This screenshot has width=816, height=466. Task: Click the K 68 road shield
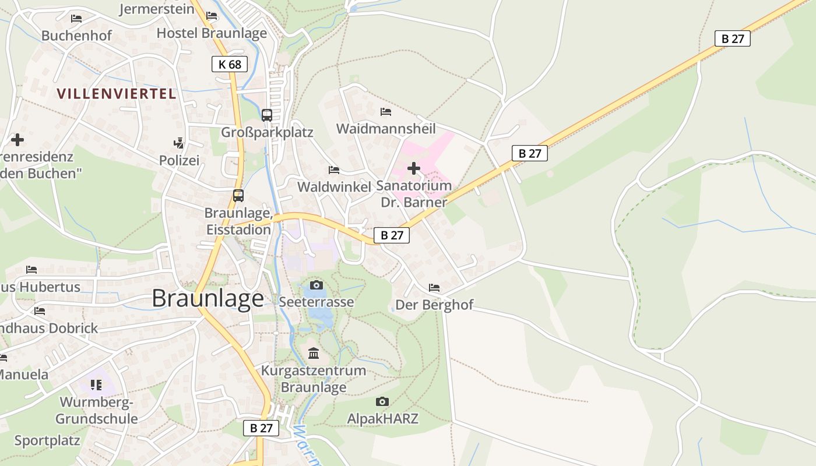[x=230, y=64]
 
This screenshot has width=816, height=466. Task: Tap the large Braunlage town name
[x=207, y=298]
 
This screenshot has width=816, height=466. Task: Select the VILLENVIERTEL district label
[x=117, y=93]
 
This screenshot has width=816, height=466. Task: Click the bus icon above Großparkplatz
[x=267, y=115]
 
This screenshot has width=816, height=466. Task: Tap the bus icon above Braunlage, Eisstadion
[x=238, y=196]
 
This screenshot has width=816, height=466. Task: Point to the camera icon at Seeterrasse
[x=316, y=285]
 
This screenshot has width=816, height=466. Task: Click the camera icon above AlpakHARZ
[x=382, y=401]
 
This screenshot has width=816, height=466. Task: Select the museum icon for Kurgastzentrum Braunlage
[x=314, y=353]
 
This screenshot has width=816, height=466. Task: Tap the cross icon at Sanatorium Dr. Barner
[x=414, y=169]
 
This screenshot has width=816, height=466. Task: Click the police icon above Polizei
[x=179, y=143]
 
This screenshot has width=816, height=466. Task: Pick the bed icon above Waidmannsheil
[x=386, y=111]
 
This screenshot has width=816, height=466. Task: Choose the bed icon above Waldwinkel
[x=334, y=170]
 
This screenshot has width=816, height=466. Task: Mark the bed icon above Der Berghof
[x=434, y=288]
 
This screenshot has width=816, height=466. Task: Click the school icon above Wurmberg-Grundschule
[x=96, y=384]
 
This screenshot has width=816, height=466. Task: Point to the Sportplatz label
[x=47, y=440]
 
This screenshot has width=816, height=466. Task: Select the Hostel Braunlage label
[x=212, y=33]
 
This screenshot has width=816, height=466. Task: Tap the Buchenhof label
[x=76, y=36]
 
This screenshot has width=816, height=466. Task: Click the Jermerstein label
[x=157, y=9]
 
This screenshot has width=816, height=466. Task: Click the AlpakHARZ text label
[x=383, y=418]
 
